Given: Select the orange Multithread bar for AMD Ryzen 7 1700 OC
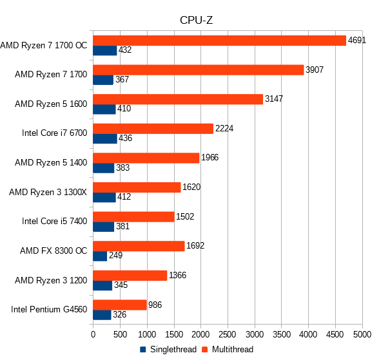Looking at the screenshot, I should [x=219, y=41].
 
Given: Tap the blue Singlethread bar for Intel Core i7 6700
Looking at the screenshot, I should [x=105, y=138].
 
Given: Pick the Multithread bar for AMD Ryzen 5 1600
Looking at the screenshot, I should [x=178, y=99].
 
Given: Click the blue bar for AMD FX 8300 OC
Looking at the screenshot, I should [x=100, y=256].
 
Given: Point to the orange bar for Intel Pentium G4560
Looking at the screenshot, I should [x=120, y=305].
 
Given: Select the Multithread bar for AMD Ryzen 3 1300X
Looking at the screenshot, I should [x=137, y=187].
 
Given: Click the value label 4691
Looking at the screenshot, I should [x=357, y=40].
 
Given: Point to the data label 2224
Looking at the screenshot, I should [x=224, y=128].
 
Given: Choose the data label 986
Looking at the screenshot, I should [x=155, y=305].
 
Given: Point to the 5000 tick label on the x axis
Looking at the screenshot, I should [x=362, y=335].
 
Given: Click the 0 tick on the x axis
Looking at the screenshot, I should [x=93, y=335].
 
